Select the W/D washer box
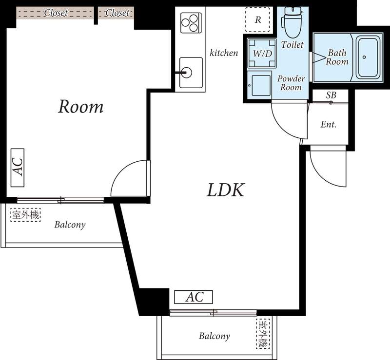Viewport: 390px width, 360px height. [x=262, y=53]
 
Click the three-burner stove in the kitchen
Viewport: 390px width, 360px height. [x=190, y=23]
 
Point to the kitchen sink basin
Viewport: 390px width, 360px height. [x=191, y=73]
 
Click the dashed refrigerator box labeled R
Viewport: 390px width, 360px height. [x=258, y=19]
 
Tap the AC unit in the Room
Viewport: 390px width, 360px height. [x=18, y=168]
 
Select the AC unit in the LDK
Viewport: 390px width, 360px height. [x=194, y=297]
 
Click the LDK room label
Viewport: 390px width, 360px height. [x=226, y=190]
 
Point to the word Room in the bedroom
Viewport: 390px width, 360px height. [x=80, y=106]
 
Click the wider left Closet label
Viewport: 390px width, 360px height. [x=56, y=13]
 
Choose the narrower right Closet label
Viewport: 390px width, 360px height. [x=117, y=13]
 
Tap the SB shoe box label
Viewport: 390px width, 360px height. [x=331, y=95]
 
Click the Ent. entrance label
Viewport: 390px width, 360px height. [x=329, y=124]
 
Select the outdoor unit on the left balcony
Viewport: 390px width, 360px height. [x=26, y=215]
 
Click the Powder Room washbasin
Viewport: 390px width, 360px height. [x=260, y=85]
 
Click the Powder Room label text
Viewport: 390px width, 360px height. [x=291, y=83]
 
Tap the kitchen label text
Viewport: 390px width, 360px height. [x=224, y=53]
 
